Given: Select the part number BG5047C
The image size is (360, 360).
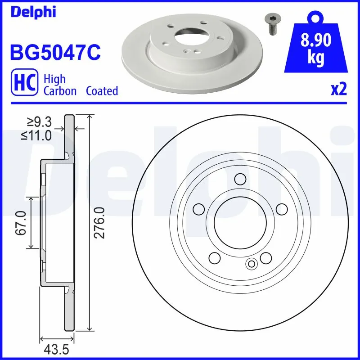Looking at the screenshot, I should coord(55,52).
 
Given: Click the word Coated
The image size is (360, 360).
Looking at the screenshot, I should coord(102,91).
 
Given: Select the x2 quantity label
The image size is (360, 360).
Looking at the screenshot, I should coord(339,90).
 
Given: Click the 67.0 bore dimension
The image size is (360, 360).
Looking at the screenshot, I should coord(20,223).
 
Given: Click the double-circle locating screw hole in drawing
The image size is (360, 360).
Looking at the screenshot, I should coord(251,264).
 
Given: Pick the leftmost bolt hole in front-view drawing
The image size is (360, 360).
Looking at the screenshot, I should coord(198,209).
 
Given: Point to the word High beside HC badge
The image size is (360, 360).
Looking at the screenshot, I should coord(54,79).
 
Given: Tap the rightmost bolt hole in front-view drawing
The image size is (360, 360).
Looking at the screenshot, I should coord(281,209).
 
